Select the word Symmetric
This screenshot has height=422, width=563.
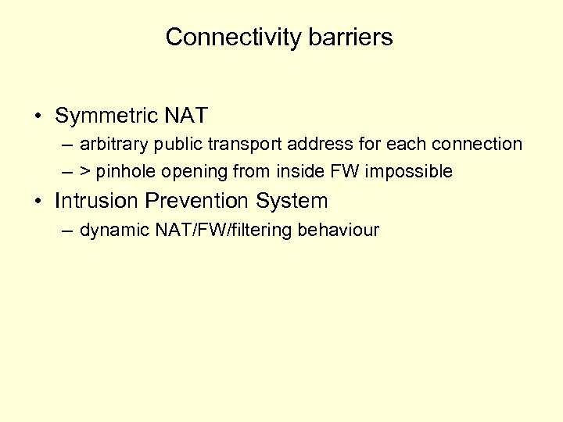click(107, 116)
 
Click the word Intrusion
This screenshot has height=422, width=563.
click(98, 201)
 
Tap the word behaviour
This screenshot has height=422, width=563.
click(340, 230)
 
